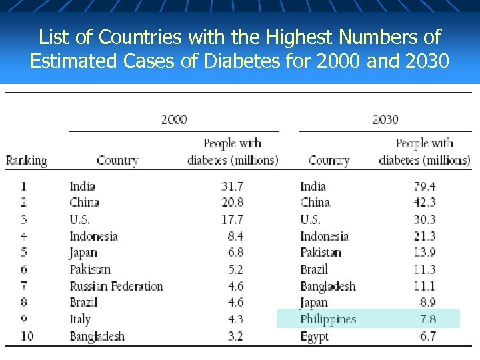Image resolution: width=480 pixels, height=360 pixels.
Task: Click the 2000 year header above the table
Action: point(174,120)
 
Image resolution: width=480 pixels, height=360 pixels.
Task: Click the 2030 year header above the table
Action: point(385,120)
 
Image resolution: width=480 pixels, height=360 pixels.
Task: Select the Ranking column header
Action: point(27,161)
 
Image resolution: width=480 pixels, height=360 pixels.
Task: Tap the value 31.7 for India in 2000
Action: point(232,186)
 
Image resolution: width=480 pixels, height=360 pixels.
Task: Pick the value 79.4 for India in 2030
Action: point(425,186)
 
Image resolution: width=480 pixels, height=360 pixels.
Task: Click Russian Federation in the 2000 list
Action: point(116,286)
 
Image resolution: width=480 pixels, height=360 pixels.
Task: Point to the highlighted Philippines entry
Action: point(328,319)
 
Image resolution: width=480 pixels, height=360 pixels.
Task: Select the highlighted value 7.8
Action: point(427,319)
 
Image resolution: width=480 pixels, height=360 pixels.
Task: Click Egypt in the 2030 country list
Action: point(314,337)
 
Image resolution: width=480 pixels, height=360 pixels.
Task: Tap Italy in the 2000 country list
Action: point(80,319)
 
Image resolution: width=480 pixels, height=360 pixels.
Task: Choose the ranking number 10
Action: point(27,336)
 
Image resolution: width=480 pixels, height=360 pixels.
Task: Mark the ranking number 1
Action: point(24,186)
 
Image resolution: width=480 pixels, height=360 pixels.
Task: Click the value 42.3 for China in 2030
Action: point(425,203)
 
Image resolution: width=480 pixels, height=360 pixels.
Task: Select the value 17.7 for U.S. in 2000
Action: point(232,219)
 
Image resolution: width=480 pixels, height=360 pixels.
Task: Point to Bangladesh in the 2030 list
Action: point(327,286)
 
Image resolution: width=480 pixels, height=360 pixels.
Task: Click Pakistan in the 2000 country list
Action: point(90,269)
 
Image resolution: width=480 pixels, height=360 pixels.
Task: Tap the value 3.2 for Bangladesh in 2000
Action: point(235,336)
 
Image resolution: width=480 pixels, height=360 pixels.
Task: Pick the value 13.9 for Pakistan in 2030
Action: point(425,253)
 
